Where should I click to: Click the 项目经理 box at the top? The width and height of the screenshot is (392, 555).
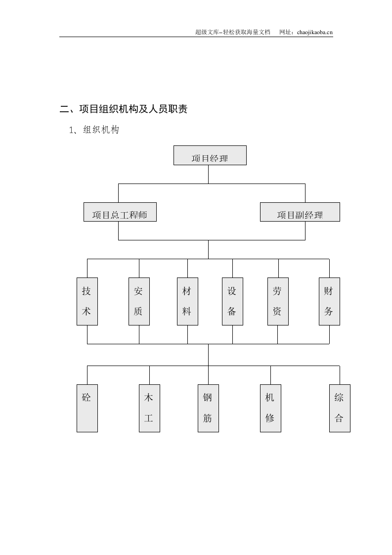(x=210, y=155)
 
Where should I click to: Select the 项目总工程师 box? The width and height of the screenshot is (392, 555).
(x=120, y=212)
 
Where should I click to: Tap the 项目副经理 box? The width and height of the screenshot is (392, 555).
(x=300, y=212)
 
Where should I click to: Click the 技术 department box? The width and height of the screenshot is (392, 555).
(x=87, y=301)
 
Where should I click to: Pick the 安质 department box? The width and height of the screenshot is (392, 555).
(x=139, y=301)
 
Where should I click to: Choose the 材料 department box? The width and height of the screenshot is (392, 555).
(x=187, y=301)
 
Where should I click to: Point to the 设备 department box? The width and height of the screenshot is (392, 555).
(x=232, y=301)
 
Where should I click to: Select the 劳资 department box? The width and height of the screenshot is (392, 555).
(x=278, y=301)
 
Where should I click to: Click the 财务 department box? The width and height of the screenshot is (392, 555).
(x=329, y=301)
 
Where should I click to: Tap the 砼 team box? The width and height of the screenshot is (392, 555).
(x=87, y=408)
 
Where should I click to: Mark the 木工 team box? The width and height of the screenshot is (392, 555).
(x=149, y=408)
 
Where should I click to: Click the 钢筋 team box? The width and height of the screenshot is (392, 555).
(x=208, y=408)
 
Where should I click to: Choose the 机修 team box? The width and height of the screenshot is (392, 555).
(x=270, y=408)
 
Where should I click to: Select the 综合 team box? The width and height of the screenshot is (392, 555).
(x=340, y=408)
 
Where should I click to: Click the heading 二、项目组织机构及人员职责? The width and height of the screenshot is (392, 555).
(x=124, y=109)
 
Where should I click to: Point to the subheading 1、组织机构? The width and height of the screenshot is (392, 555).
(x=94, y=130)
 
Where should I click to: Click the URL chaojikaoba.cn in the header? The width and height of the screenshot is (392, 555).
(x=315, y=32)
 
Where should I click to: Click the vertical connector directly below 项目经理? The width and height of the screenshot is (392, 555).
(x=208, y=174)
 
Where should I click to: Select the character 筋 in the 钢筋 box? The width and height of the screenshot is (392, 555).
(x=208, y=418)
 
